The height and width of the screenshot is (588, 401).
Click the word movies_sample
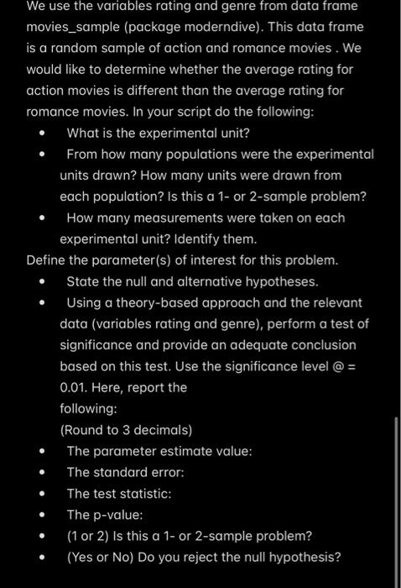pos(74,28)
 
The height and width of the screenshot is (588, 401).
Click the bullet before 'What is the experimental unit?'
pos(40,133)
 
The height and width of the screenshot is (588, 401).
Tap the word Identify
pos(200,239)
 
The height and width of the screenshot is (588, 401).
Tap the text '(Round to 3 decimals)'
pos(126,430)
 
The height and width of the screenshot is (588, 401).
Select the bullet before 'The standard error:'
pos(40,472)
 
